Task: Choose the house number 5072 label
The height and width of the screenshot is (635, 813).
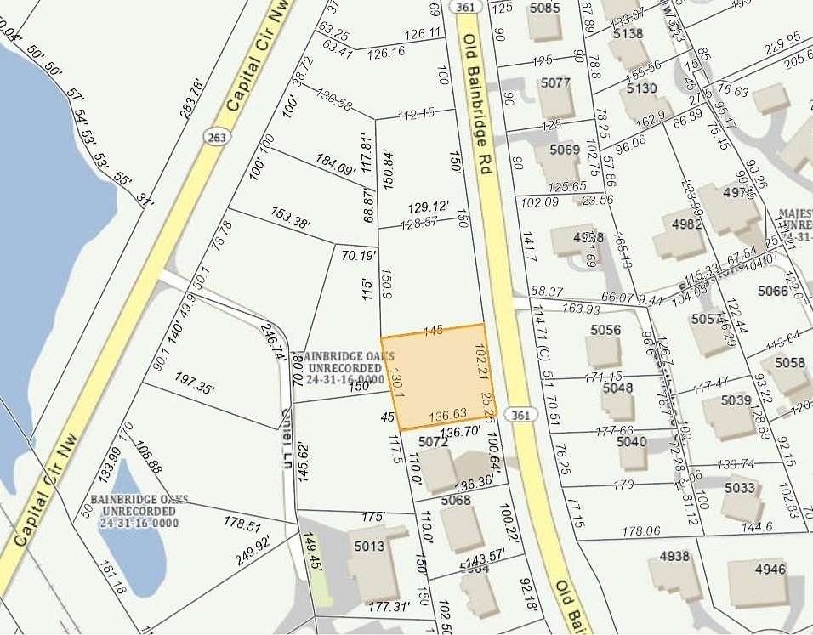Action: [434, 442]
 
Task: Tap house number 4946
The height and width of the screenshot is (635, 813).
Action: [770, 570]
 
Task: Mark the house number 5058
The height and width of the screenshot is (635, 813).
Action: [790, 363]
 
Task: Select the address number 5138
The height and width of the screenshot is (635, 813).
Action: [628, 34]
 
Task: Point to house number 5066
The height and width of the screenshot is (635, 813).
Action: [773, 292]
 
